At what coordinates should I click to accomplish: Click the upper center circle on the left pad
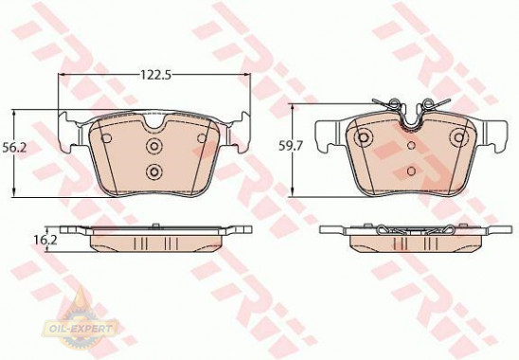155,147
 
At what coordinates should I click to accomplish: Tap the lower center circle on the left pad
155,171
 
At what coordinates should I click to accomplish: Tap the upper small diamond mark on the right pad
411,146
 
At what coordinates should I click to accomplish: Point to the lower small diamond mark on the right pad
411,171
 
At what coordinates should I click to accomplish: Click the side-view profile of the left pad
155,237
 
